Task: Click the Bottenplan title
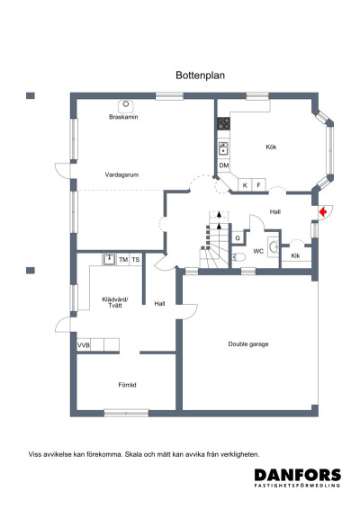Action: pyautogui.click(x=200, y=77)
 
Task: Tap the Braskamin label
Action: pyautogui.click(x=123, y=117)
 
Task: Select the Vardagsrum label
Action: pyautogui.click(x=121, y=174)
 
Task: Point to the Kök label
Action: pyautogui.click(x=271, y=147)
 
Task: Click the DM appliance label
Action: pyautogui.click(x=223, y=166)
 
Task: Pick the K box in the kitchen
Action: pyautogui.click(x=244, y=185)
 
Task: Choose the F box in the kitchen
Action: pyautogui.click(x=259, y=185)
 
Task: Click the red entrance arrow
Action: pyautogui.click(x=321, y=212)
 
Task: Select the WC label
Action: pyautogui.click(x=257, y=251)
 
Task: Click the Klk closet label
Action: pyautogui.click(x=295, y=256)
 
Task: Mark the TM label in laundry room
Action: pyautogui.click(x=123, y=260)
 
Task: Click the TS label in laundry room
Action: pyautogui.click(x=136, y=260)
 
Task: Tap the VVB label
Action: pyautogui.click(x=83, y=344)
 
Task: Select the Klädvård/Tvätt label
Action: pyautogui.click(x=116, y=302)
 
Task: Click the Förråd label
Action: pyautogui.click(x=127, y=385)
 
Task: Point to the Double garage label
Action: pyautogui.click(x=248, y=344)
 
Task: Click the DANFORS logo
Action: pyautogui.click(x=298, y=477)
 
